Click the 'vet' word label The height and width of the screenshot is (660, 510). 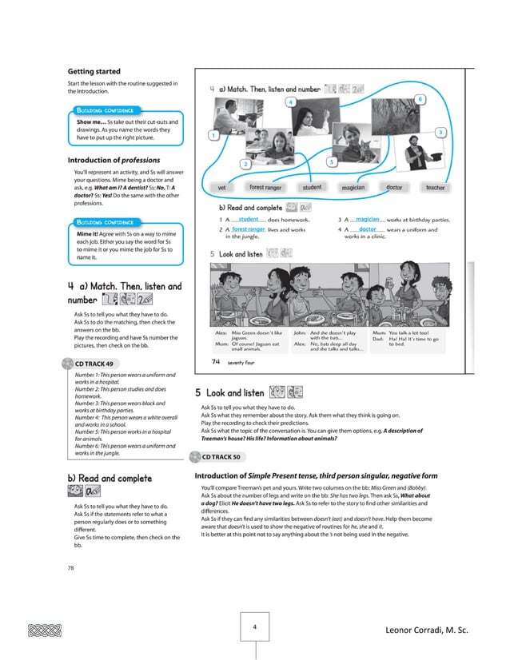[221, 188]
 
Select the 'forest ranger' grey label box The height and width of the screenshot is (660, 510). [267, 188]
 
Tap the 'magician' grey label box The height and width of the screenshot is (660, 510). [353, 188]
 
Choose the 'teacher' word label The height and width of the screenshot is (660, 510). [435, 188]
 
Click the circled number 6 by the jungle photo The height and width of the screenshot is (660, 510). [420, 98]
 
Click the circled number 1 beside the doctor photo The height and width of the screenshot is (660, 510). [213, 136]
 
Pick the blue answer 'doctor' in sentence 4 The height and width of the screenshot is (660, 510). [368, 229]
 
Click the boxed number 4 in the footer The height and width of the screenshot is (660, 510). [253, 628]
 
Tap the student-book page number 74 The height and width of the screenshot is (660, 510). [216, 361]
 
